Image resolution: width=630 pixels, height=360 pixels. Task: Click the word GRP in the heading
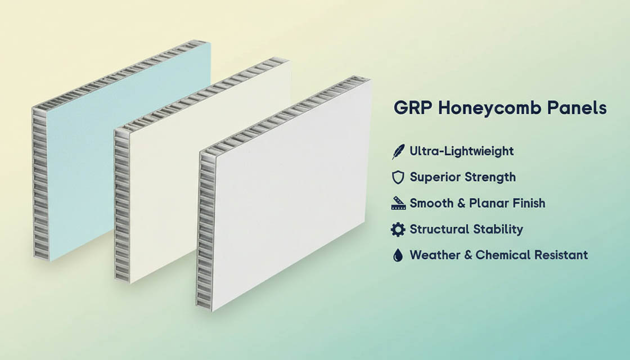tap(413, 107)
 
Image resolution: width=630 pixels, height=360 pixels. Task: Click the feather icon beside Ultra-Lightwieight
tap(398, 151)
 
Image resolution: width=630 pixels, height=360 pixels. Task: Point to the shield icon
tap(398, 177)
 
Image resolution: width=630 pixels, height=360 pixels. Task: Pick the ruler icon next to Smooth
tap(398, 203)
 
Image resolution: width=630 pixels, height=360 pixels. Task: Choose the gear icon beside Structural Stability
tap(398, 229)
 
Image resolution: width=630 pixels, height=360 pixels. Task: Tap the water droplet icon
tap(398, 255)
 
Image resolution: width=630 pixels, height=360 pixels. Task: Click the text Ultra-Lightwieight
tap(462, 151)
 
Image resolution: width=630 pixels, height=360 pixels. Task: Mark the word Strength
tap(488, 178)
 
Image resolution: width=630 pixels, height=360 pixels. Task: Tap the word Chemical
tap(502, 255)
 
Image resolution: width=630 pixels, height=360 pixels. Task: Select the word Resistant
tap(561, 255)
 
